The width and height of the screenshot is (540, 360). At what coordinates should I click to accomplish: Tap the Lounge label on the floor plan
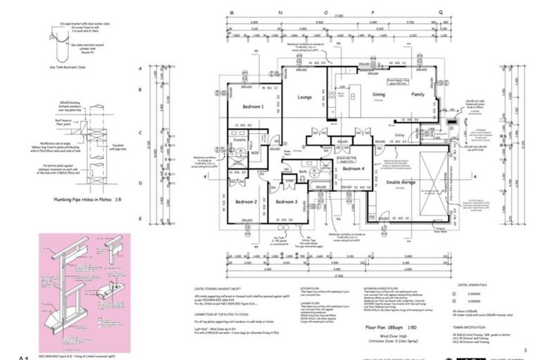click(304, 98)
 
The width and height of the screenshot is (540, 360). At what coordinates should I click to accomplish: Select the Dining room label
click(379, 94)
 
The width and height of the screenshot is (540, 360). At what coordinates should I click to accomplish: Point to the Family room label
click(418, 94)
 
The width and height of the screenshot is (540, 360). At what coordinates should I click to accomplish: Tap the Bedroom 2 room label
click(245, 202)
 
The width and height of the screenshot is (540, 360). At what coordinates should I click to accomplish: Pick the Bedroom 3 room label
click(286, 202)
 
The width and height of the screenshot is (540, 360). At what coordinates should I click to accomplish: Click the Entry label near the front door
click(400, 135)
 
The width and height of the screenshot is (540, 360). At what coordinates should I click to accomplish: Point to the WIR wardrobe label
click(255, 151)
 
